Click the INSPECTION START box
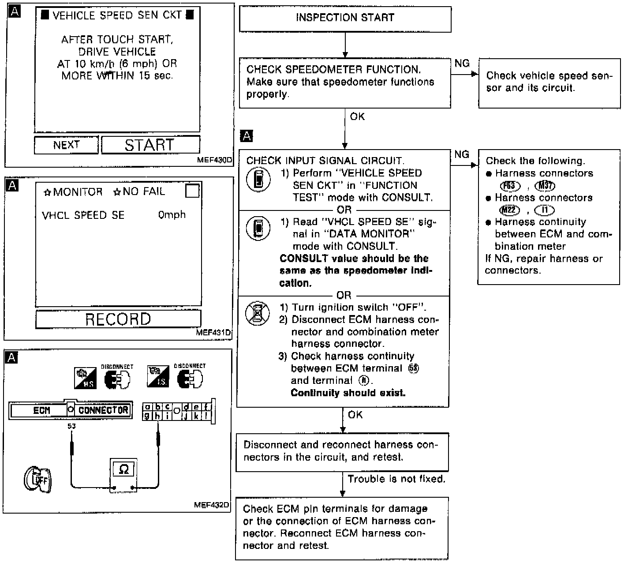tap(345, 19)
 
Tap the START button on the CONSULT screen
tap(150, 145)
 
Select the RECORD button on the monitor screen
tap(118, 319)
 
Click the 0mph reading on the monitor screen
tap(172, 215)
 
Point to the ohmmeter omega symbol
tap(124, 469)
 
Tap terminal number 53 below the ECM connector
tap(71, 426)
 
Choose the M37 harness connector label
tap(545, 186)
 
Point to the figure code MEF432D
tap(212, 505)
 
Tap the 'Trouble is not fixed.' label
tap(396, 479)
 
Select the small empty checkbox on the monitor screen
tap(192, 191)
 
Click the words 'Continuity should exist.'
tap(348, 393)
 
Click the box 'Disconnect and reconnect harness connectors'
tap(342, 451)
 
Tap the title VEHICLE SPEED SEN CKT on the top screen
tap(117, 15)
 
